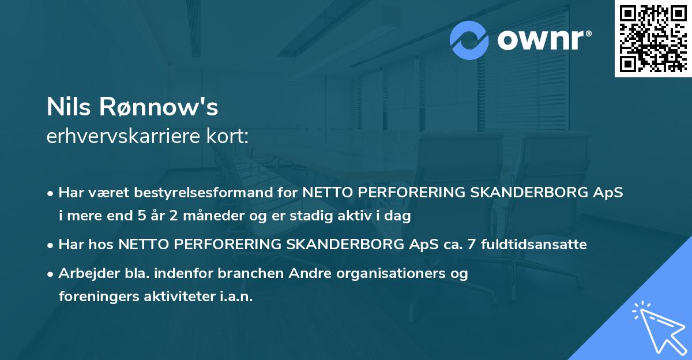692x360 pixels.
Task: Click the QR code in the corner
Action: [x=653, y=38]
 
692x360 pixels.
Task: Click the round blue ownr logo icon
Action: [x=469, y=40]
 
